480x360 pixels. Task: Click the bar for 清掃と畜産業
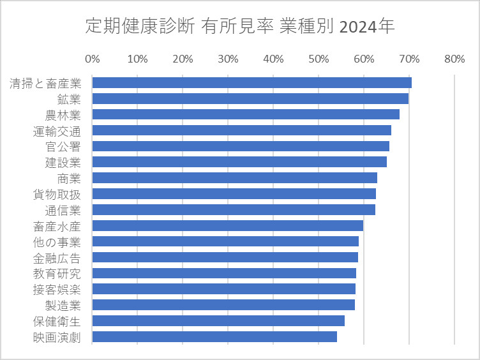click(251, 82)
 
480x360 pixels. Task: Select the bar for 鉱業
click(250, 98)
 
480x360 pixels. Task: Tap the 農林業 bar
click(246, 114)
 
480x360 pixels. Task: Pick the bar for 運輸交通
click(241, 130)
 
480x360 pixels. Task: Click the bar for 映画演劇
click(214, 336)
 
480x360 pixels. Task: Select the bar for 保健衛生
click(218, 320)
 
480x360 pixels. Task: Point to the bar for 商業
click(234, 177)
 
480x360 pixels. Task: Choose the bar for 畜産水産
click(227, 225)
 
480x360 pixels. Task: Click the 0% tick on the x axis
click(93, 59)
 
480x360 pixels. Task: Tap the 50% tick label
click(319, 59)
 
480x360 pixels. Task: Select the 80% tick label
click(454, 59)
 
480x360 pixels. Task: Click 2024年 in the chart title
click(367, 27)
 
